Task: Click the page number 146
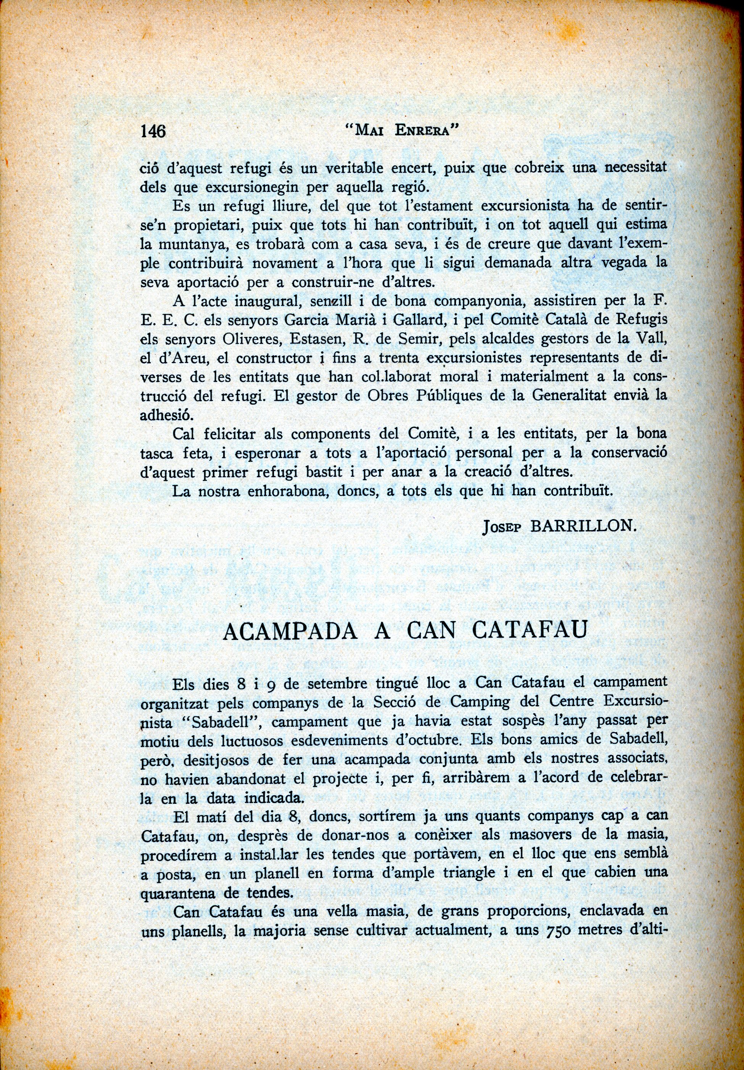coord(153,131)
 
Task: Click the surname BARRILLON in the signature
coord(583,527)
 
